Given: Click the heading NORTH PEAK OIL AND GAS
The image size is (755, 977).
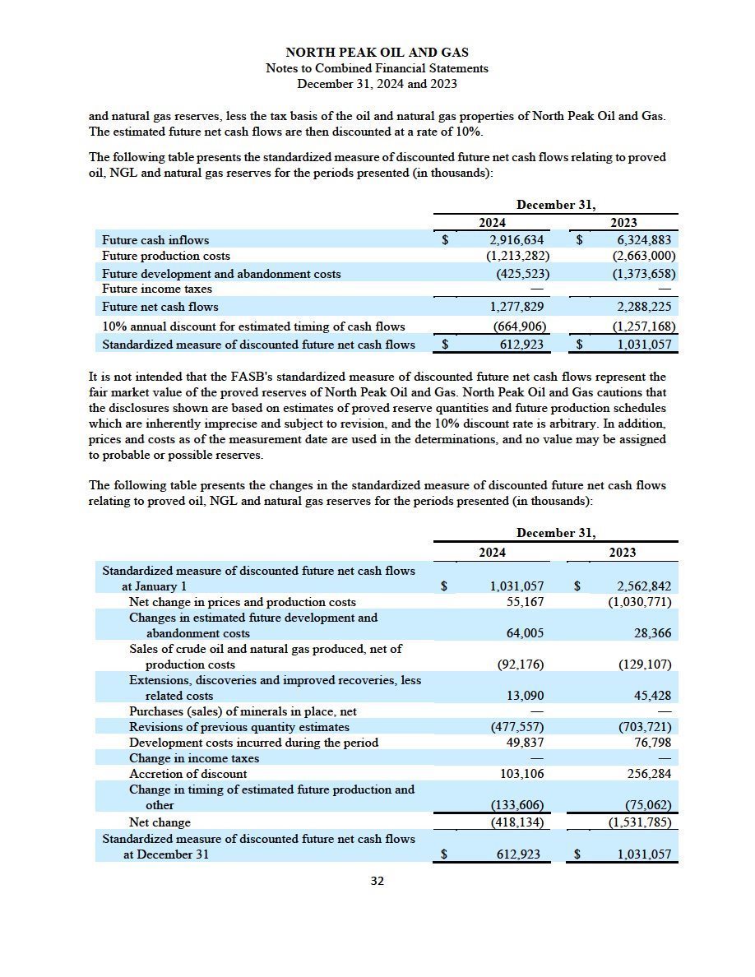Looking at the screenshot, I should pyautogui.click(x=377, y=53).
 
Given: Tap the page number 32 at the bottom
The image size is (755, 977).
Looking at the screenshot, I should pyautogui.click(x=377, y=881).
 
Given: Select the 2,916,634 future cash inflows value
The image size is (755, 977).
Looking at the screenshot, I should pyautogui.click(x=516, y=240).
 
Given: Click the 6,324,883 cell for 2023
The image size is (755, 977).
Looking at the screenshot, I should pyautogui.click(x=646, y=240).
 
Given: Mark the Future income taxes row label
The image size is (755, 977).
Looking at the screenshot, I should pyautogui.click(x=156, y=289).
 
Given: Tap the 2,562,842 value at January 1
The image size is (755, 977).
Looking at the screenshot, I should pyautogui.click(x=646, y=586).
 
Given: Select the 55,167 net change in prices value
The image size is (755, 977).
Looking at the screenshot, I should pyautogui.click(x=523, y=602).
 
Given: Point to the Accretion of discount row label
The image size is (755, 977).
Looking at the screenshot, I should pyautogui.click(x=188, y=774).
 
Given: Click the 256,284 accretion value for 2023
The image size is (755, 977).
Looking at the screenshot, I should pyautogui.click(x=649, y=774).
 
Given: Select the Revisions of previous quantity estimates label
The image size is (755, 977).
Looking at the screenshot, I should pyautogui.click(x=239, y=727).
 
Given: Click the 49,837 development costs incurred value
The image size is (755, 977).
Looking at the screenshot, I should pyautogui.click(x=523, y=743).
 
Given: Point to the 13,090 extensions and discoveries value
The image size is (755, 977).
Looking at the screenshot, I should pyautogui.click(x=523, y=696).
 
